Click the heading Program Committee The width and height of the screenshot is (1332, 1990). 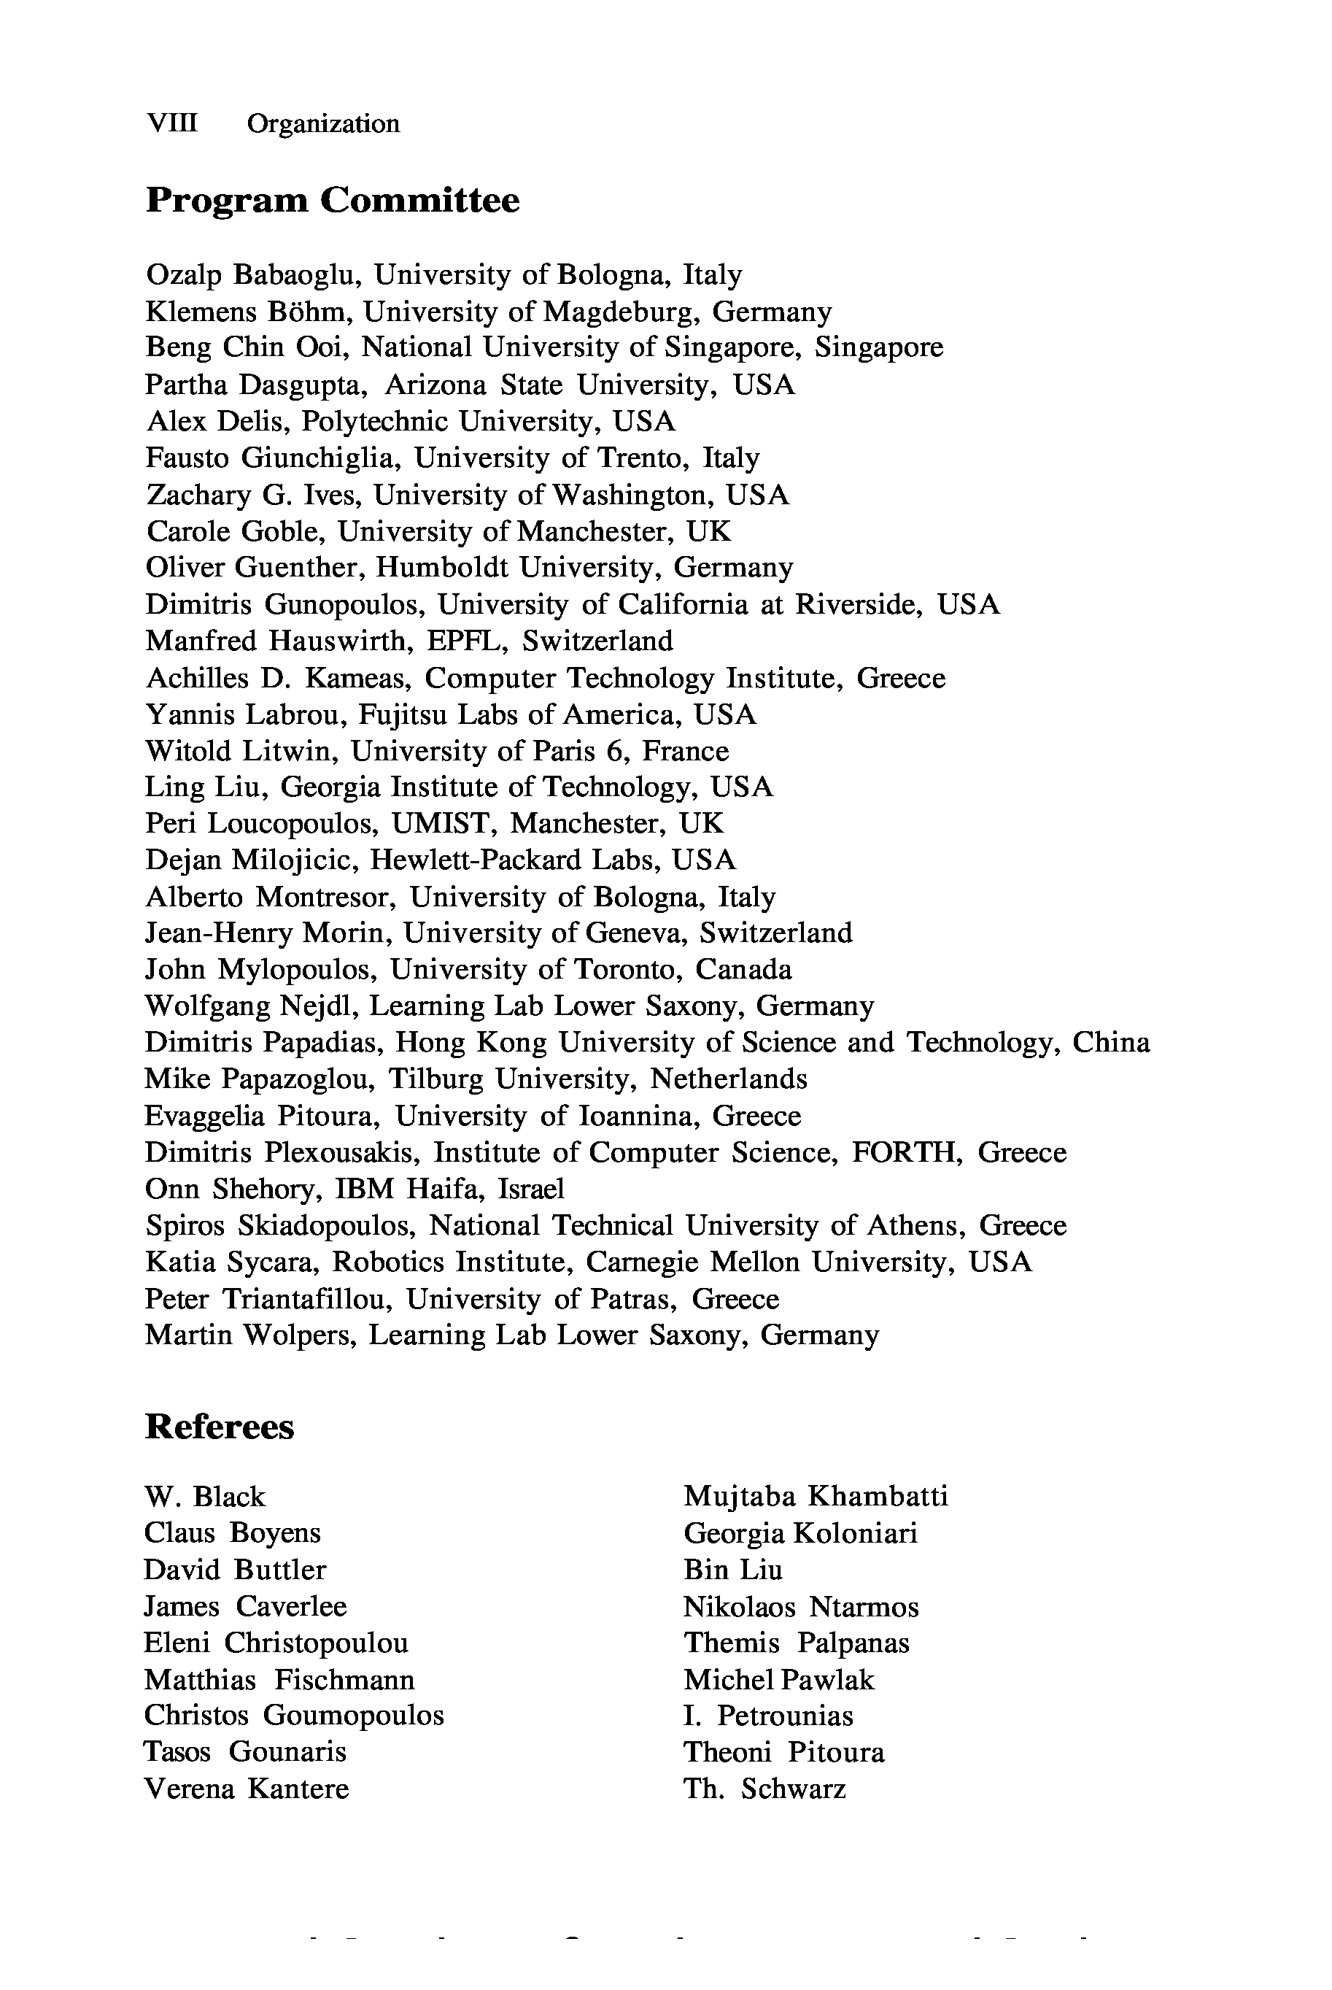click(332, 201)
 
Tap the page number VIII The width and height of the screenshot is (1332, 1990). click(171, 123)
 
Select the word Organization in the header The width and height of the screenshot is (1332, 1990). click(323, 124)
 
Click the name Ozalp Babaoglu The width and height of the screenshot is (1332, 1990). click(254, 275)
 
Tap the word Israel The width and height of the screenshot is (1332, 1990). click(531, 1189)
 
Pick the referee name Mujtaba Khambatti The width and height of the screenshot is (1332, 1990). click(816, 1496)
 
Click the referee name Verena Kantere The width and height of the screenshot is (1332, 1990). click(247, 1789)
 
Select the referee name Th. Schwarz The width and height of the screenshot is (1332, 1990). click(764, 1789)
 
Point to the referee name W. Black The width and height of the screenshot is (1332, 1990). click(205, 1496)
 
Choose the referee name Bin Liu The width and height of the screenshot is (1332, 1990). click(732, 1570)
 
